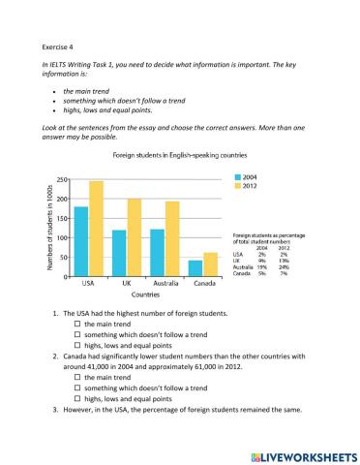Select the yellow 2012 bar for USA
pos(96,229)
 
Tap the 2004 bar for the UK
pos(120,253)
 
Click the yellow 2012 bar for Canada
pos(210,264)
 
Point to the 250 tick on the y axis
pos(61,180)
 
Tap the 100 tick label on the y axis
pos(61,238)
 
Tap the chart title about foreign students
pos(165,155)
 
